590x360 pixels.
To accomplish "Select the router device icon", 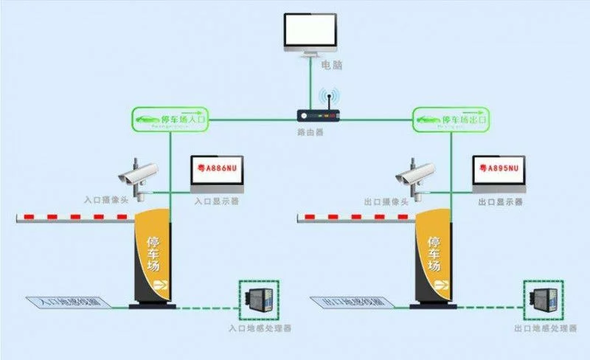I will [x=320, y=115].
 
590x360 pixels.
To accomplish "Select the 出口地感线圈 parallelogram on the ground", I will [x=352, y=302].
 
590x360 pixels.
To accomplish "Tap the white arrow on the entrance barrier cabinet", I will [x=157, y=284].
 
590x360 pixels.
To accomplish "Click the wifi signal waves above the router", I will [x=328, y=99].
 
